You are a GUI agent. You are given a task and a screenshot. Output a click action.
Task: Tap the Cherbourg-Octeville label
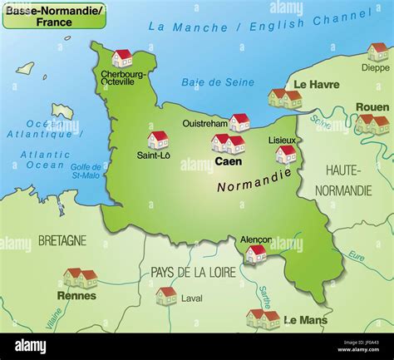(122, 78)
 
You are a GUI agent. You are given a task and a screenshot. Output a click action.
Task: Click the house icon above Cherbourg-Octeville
(122, 57)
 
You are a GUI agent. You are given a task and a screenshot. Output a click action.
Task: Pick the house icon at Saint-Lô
(158, 139)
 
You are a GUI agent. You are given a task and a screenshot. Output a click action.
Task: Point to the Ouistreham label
(204, 123)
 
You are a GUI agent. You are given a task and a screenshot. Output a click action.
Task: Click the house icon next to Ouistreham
(239, 122)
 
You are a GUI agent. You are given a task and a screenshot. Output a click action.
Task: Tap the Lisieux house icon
(286, 154)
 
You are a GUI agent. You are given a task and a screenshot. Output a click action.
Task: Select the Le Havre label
(315, 84)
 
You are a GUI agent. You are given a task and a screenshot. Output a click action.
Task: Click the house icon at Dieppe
(378, 52)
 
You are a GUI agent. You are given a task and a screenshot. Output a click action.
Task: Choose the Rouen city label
(372, 107)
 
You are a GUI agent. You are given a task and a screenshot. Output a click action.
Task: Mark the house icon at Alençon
(256, 253)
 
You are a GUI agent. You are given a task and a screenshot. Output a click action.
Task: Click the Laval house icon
(166, 295)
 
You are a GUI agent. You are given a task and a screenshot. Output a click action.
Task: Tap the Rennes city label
(76, 295)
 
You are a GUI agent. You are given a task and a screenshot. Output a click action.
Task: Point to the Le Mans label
(305, 319)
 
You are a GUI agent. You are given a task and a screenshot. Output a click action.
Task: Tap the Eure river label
(356, 256)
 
